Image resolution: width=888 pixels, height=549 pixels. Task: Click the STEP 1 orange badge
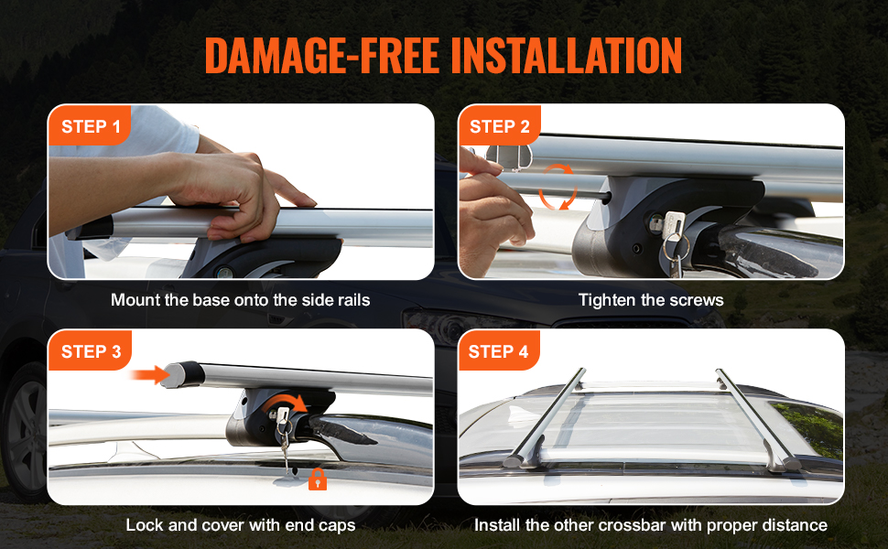[x=90, y=126]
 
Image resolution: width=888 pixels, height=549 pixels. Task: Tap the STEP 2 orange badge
[x=499, y=126]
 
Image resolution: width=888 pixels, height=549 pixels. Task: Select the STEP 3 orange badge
[x=90, y=351]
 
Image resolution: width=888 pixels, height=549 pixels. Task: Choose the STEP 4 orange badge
[x=498, y=351]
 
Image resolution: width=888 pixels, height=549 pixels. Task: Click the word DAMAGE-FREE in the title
[x=321, y=57]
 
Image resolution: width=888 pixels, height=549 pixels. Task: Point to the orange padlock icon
[x=318, y=479]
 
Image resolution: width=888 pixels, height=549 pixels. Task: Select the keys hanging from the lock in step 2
[x=675, y=242]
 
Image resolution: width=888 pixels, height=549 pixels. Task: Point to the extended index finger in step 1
[x=291, y=196]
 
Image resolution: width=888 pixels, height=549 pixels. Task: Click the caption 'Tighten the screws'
[x=651, y=300]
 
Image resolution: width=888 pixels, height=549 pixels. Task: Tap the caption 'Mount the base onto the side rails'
[x=240, y=300]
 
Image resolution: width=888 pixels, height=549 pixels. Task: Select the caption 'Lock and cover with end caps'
[x=240, y=525]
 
